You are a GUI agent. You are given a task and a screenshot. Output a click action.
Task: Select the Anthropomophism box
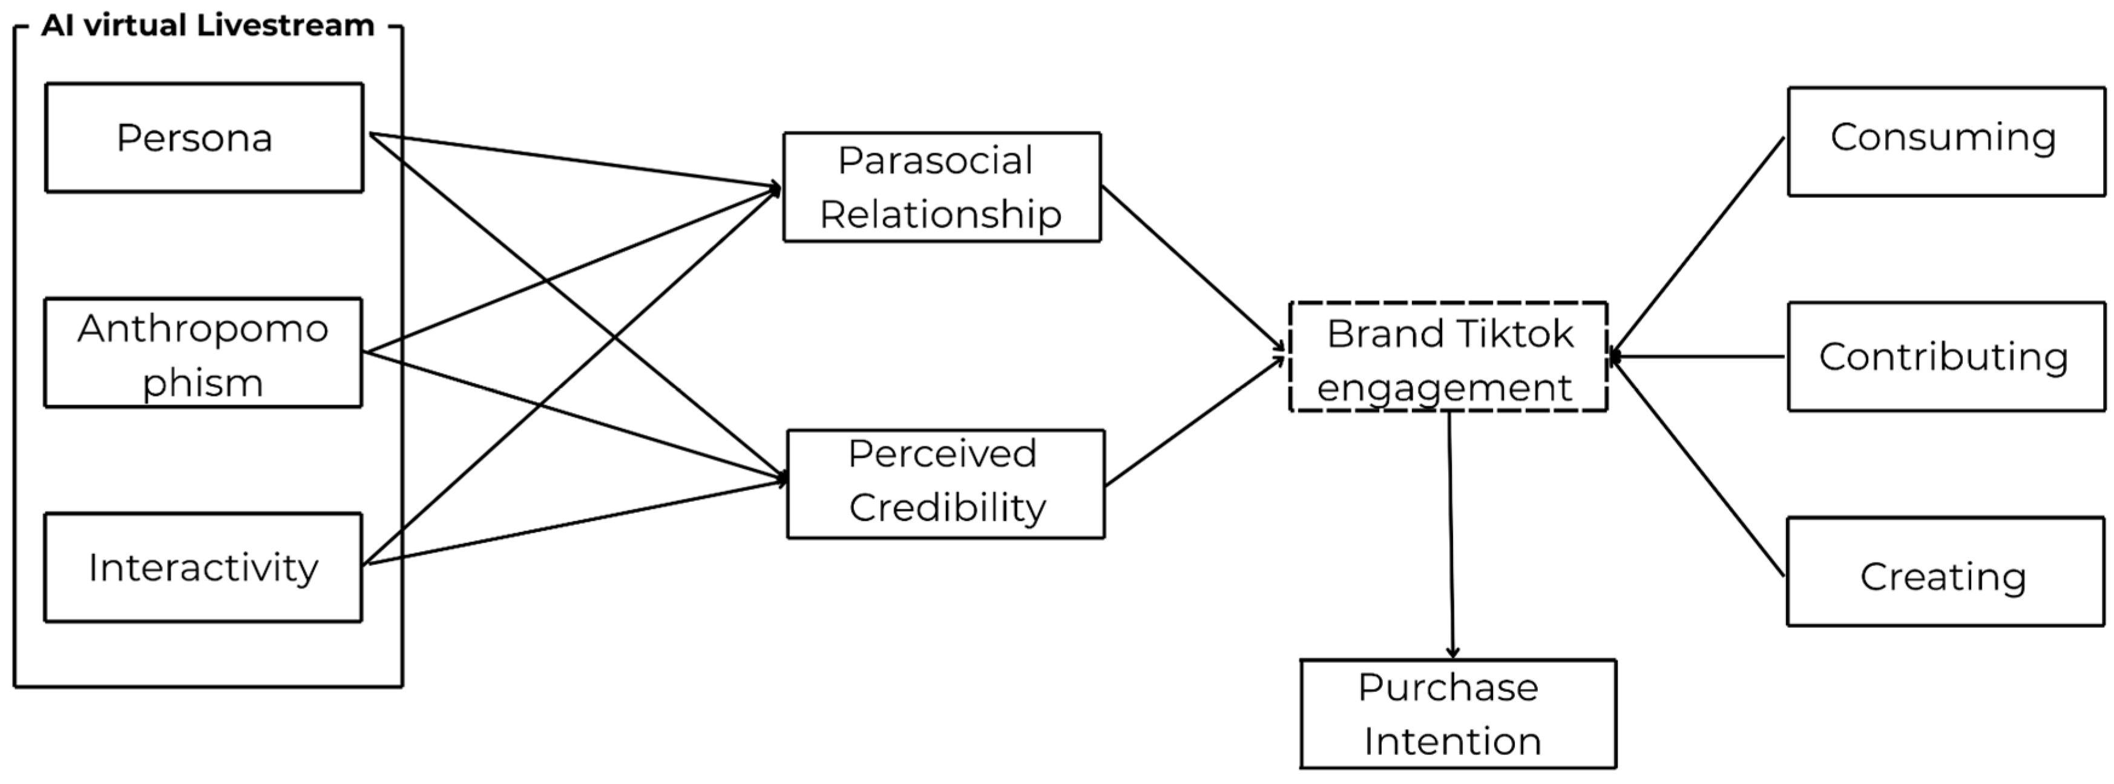tap(203, 353)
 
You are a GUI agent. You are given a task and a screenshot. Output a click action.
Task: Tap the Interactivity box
tap(203, 568)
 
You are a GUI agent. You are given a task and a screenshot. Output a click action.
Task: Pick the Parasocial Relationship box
tap(942, 187)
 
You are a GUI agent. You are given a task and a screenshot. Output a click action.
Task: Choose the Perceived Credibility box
tap(946, 484)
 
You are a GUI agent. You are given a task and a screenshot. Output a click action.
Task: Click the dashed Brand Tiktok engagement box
tap(1448, 357)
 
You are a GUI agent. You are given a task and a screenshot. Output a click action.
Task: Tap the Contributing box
tap(1946, 357)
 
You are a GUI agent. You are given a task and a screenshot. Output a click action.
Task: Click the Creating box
tap(1946, 572)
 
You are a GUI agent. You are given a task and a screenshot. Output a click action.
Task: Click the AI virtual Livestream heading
tap(208, 25)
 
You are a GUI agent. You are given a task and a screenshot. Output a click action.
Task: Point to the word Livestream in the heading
tap(286, 25)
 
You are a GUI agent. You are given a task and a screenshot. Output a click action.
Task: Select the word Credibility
tap(948, 508)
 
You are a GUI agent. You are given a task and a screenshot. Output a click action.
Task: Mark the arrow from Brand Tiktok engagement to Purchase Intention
tap(1451, 535)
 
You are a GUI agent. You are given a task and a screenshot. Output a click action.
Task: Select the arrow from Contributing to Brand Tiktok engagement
tap(1696, 357)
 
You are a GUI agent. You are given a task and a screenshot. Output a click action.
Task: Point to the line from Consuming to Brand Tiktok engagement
tap(1697, 247)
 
